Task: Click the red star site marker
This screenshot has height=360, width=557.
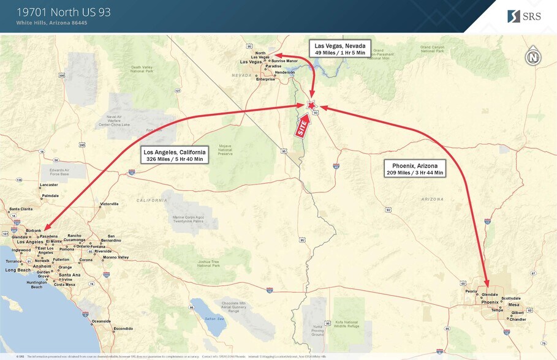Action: tap(311, 105)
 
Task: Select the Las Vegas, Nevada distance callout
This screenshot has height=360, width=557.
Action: tap(339, 49)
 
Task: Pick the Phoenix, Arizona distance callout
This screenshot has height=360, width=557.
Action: tap(414, 168)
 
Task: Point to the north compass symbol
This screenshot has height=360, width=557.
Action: tap(532, 57)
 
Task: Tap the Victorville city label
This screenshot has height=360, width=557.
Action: tap(109, 204)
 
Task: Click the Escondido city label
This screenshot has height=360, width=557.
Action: tap(123, 329)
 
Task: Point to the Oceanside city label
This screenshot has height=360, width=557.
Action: tap(101, 321)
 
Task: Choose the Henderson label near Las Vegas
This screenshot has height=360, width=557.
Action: tap(285, 72)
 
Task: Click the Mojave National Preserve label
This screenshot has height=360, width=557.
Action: tap(225, 150)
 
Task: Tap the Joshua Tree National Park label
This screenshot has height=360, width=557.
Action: tap(208, 264)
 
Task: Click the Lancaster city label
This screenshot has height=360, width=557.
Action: tap(48, 184)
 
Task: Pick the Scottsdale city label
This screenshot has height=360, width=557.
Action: tap(511, 298)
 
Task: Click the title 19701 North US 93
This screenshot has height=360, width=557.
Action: tap(64, 12)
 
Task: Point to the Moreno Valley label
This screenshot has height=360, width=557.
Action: tap(115, 257)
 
